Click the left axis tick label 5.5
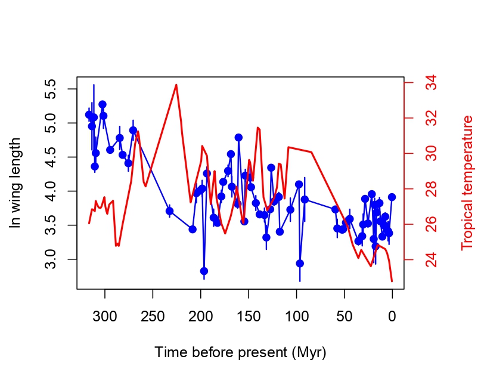click(52, 89)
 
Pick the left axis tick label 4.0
click(52, 191)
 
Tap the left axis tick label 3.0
click(52, 259)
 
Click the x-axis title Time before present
click(240, 352)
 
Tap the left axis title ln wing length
click(15, 182)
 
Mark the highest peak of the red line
click(176, 85)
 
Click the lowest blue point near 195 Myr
click(204, 271)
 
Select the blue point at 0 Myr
click(392, 197)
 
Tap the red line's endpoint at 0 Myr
click(392, 281)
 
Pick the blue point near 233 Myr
click(169, 211)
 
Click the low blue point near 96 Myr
click(300, 263)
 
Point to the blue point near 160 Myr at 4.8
click(238, 137)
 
